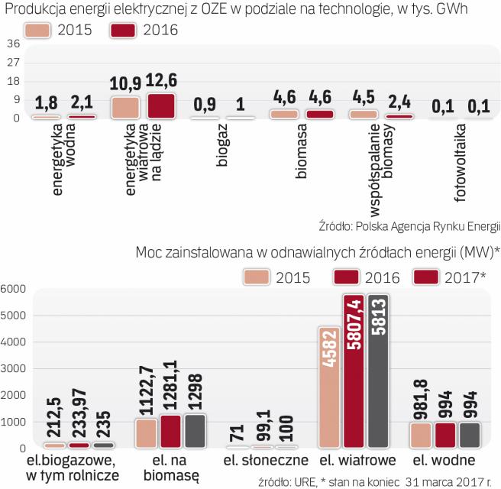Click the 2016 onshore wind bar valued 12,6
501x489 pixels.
pyautogui.click(x=162, y=105)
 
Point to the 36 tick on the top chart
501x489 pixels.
pyautogui.click(x=13, y=44)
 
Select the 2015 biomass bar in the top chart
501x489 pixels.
pyautogui.click(x=284, y=113)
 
